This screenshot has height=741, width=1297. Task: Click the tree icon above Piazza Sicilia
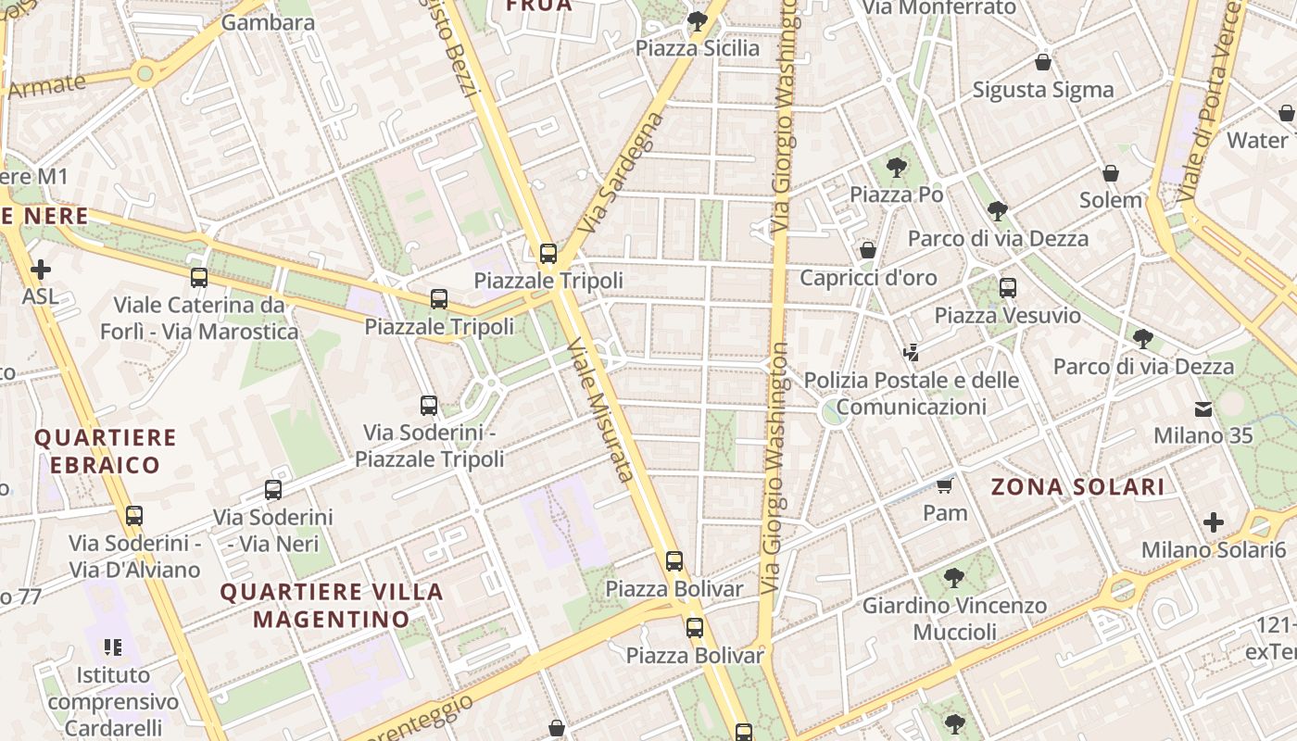pyautogui.click(x=698, y=21)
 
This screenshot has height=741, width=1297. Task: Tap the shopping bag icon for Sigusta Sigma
pyautogui.click(x=1043, y=63)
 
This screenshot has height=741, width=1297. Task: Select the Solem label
pyautogui.click(x=1111, y=199)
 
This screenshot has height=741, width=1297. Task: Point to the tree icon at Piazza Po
pyautogui.click(x=896, y=168)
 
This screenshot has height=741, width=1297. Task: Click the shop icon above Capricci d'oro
pyautogui.click(x=868, y=250)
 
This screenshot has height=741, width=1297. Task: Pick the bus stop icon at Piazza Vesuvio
pyautogui.click(x=1007, y=288)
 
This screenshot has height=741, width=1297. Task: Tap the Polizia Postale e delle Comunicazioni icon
pyautogui.click(x=912, y=352)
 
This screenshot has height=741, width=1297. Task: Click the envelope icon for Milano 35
pyautogui.click(x=1203, y=408)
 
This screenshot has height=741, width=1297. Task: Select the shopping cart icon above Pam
pyautogui.click(x=944, y=485)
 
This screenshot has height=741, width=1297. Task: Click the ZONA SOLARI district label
pyautogui.click(x=1077, y=486)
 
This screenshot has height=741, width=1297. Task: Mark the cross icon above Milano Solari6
pyautogui.click(x=1214, y=522)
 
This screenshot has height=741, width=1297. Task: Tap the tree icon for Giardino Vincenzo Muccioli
pyautogui.click(x=954, y=579)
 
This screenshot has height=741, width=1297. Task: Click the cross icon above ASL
pyautogui.click(x=41, y=270)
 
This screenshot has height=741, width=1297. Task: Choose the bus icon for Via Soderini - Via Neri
pyautogui.click(x=272, y=490)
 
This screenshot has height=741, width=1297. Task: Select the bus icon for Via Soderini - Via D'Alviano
pyautogui.click(x=134, y=516)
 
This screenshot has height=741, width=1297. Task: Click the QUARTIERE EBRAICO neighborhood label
pyautogui.click(x=105, y=451)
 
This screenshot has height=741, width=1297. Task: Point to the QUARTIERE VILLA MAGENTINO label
pyautogui.click(x=332, y=605)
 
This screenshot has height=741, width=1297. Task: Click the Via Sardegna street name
pyautogui.click(x=622, y=173)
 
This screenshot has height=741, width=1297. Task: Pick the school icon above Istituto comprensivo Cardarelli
pyautogui.click(x=113, y=647)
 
